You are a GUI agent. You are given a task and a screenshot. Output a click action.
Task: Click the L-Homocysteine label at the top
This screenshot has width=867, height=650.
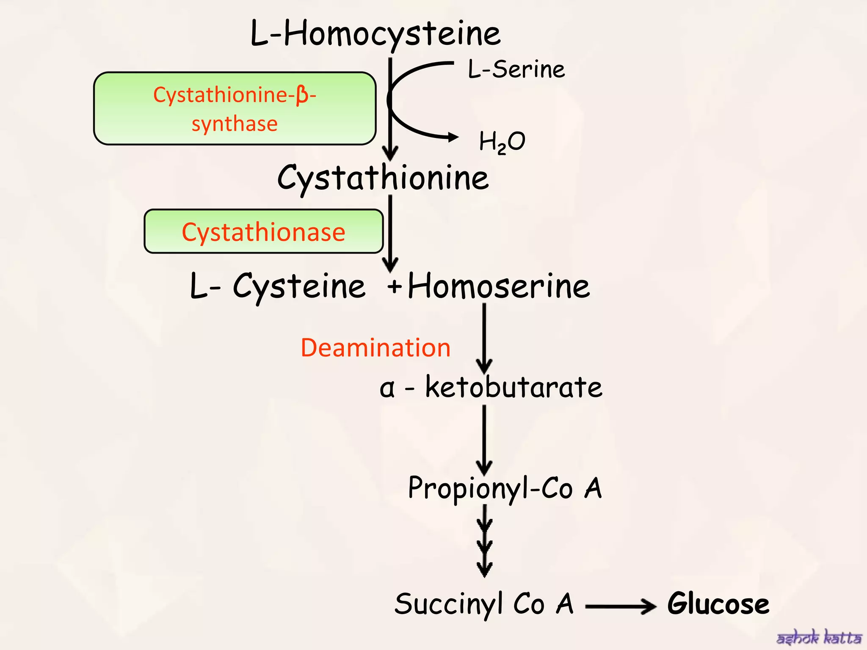(x=375, y=34)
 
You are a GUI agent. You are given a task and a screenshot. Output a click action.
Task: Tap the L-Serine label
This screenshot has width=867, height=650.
(x=516, y=69)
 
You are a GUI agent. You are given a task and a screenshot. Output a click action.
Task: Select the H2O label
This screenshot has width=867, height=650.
(x=502, y=142)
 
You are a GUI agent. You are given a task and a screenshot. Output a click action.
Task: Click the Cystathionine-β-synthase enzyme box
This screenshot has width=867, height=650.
(x=235, y=109)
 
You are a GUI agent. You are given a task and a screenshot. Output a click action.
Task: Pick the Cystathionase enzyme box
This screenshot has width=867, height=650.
(x=263, y=231)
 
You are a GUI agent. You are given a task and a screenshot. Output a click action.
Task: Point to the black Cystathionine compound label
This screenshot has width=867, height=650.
(x=383, y=178)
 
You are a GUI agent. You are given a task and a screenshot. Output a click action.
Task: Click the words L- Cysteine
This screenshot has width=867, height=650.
(x=277, y=286)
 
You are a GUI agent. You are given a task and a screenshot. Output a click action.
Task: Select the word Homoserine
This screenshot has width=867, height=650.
(x=498, y=286)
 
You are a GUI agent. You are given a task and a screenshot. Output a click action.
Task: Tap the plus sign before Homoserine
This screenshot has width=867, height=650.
(x=394, y=286)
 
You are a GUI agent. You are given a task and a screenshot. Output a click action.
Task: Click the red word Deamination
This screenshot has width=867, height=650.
(x=375, y=348)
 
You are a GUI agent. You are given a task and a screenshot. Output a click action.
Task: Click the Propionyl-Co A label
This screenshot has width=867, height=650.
(x=505, y=488)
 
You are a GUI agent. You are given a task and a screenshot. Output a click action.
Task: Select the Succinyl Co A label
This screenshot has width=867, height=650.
(x=484, y=603)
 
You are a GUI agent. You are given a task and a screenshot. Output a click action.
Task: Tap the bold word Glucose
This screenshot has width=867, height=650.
(x=718, y=603)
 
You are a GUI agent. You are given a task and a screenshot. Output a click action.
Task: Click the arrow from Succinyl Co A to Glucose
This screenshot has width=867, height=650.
(x=620, y=606)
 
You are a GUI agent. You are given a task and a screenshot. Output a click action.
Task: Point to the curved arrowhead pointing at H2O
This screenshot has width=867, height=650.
(x=453, y=137)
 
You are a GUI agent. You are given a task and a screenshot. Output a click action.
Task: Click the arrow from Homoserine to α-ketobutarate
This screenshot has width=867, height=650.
(x=484, y=339)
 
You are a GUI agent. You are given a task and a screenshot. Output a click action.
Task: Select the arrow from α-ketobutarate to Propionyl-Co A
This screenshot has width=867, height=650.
(x=484, y=440)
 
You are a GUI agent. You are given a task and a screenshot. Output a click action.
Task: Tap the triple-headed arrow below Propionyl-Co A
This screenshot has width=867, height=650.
(x=484, y=542)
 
